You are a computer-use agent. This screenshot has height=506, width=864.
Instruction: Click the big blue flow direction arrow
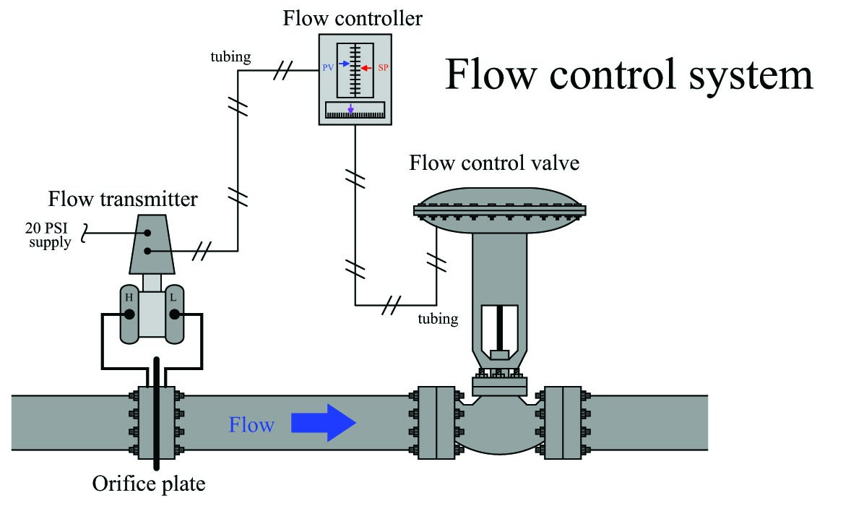pyautogui.click(x=324, y=423)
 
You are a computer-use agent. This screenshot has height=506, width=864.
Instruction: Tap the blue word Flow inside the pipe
pyautogui.click(x=251, y=425)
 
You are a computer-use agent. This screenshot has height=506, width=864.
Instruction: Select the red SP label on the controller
pyautogui.click(x=383, y=68)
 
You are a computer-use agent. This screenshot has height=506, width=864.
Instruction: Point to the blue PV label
pyautogui.click(x=328, y=68)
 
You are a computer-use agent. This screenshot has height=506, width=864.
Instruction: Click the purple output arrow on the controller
pyautogui.click(x=350, y=108)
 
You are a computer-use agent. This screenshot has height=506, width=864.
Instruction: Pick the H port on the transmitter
pyautogui.click(x=129, y=314)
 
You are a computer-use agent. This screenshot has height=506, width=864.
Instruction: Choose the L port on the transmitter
pyautogui.click(x=174, y=314)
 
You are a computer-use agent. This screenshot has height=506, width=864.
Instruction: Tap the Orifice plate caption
pyautogui.click(x=149, y=484)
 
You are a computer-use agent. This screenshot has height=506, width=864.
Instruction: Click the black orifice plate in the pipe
pyautogui.click(x=157, y=413)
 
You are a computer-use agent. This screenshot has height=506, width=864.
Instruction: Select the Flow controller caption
pyautogui.click(x=353, y=18)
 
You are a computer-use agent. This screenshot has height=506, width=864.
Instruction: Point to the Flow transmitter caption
pyautogui.click(x=123, y=199)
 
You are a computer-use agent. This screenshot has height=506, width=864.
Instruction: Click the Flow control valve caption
pyautogui.click(x=494, y=163)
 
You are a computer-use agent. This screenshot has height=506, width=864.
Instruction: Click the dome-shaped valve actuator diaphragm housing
pyautogui.click(x=500, y=210)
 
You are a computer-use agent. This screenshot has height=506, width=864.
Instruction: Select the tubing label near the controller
pyautogui.click(x=231, y=57)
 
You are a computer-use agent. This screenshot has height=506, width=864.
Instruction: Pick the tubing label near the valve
pyautogui.click(x=438, y=319)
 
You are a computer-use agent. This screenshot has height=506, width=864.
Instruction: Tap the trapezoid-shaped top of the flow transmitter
pyautogui.click(x=152, y=244)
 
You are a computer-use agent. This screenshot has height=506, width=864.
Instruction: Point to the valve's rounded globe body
pyautogui.click(x=500, y=424)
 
